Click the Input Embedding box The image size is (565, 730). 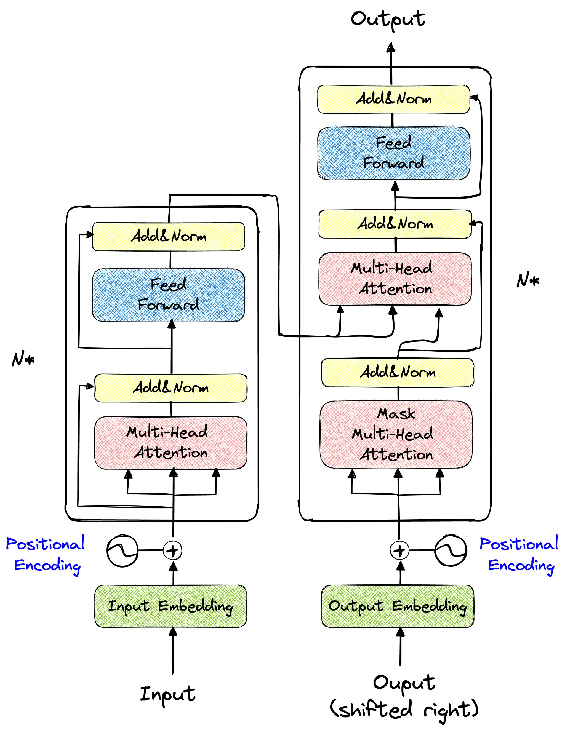point(170,606)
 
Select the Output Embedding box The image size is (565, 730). point(398,606)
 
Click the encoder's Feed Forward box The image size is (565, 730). point(169,295)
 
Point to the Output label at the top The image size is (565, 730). point(388,19)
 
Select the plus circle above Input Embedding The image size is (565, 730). point(172,550)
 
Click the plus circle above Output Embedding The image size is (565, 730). point(399,550)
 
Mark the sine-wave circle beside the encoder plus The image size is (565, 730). point(122,550)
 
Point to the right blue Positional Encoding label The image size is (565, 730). point(519,555)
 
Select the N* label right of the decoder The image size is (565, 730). point(528,280)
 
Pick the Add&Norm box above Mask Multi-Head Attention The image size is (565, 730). point(398,372)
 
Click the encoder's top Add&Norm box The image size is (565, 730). point(169,236)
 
